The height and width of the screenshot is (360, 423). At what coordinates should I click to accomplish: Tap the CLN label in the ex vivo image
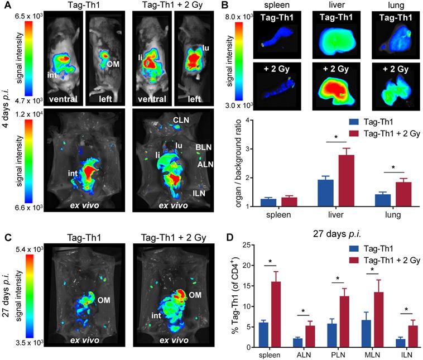click(x=180, y=119)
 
